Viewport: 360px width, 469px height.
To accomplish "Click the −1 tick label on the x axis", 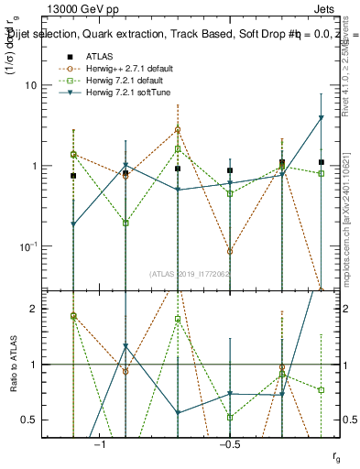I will pos(101,444).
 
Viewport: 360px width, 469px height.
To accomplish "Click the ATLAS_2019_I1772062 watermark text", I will pos(190,273).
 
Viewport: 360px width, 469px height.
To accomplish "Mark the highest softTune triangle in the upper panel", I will pos(322,118).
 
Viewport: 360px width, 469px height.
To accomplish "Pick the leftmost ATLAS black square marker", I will pos(73,175).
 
